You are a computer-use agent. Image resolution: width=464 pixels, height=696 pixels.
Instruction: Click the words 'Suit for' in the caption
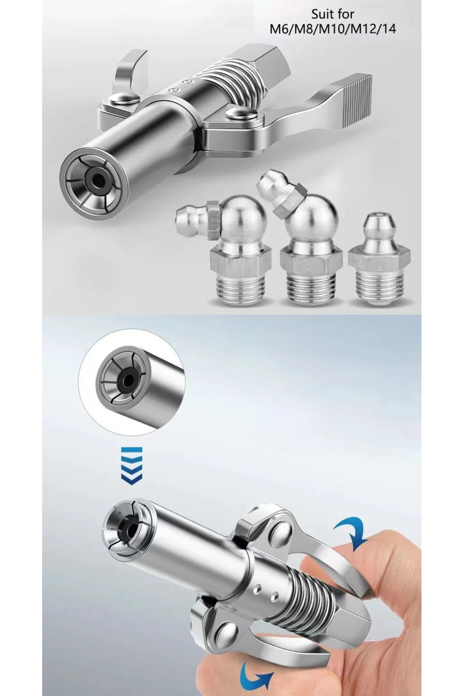[x=333, y=14]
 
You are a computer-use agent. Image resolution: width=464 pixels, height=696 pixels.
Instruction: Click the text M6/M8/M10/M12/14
[x=333, y=29]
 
